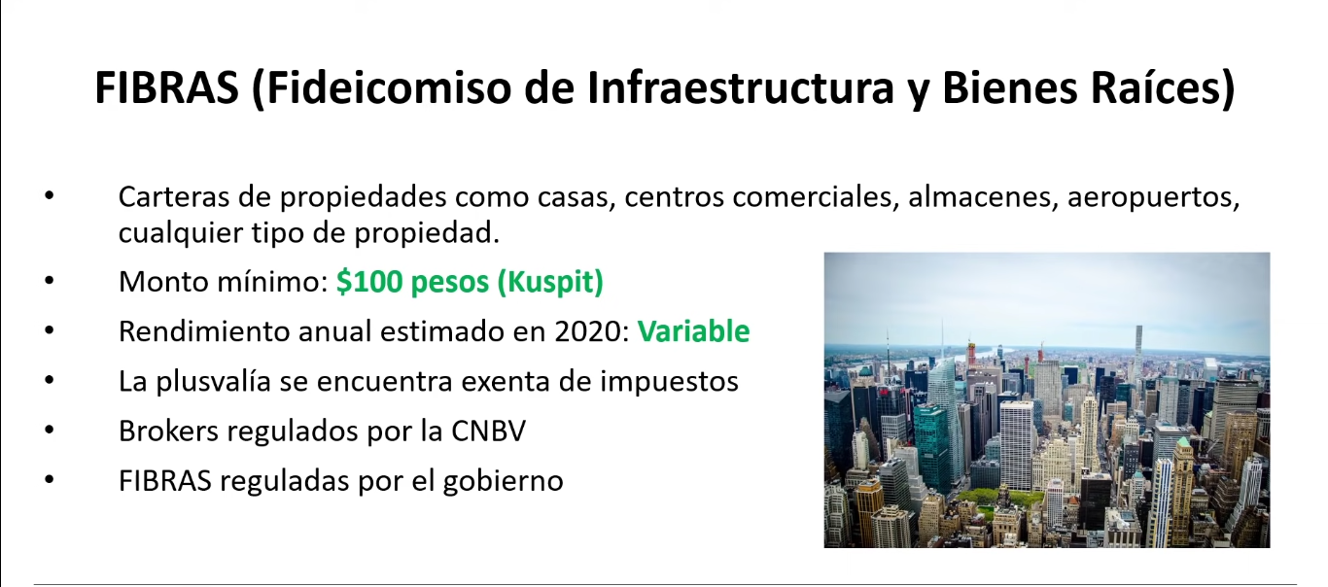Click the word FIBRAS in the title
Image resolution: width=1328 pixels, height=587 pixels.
pos(166,87)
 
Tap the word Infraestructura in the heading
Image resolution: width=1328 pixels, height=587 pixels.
pos(740,87)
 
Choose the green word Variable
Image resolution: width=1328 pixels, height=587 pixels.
pos(693,330)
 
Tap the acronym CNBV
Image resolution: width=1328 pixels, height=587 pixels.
pos(488,432)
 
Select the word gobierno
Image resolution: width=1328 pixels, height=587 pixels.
pos(503,481)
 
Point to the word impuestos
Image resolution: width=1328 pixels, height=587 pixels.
pos(669,382)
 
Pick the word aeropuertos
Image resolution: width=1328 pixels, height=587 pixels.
pos(1154,198)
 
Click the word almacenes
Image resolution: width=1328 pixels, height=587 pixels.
pos(983,197)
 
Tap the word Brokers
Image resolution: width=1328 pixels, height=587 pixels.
pos(168,432)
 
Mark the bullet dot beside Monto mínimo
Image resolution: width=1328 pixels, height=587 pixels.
pos(50,280)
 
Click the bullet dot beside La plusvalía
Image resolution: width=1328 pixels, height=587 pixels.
pos(50,379)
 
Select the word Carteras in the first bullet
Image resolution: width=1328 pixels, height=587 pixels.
pos(174,197)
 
